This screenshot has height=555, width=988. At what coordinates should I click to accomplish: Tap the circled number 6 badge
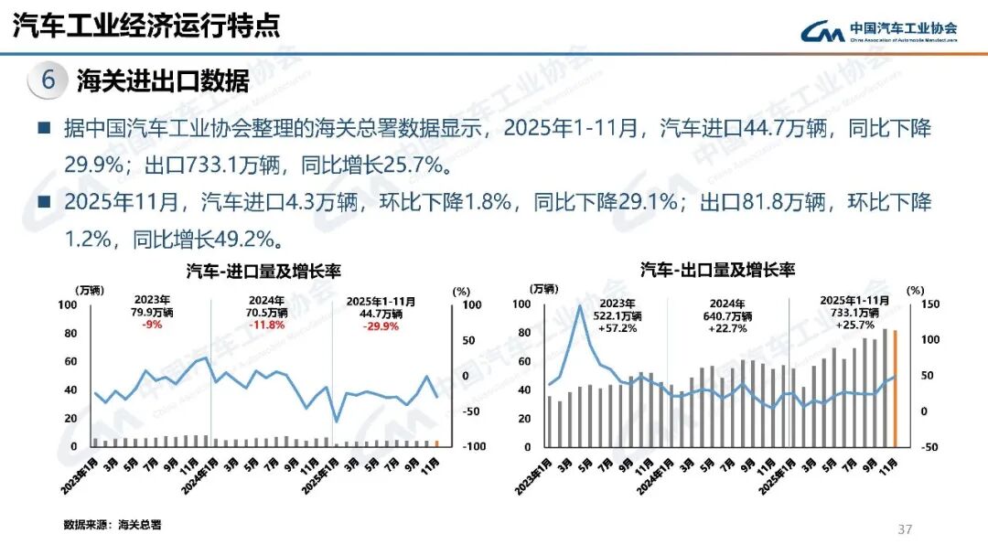(48, 80)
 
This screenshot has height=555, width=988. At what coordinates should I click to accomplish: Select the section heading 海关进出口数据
(164, 80)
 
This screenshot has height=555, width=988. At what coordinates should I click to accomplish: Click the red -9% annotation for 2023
(146, 324)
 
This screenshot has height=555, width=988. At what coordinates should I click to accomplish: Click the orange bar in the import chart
(436, 443)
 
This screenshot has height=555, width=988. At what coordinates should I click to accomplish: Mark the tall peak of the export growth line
(579, 307)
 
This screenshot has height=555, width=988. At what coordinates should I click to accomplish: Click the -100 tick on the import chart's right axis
(473, 447)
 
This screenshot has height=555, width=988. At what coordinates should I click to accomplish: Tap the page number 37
(906, 529)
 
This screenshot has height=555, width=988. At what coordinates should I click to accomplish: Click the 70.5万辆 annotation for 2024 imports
(267, 312)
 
